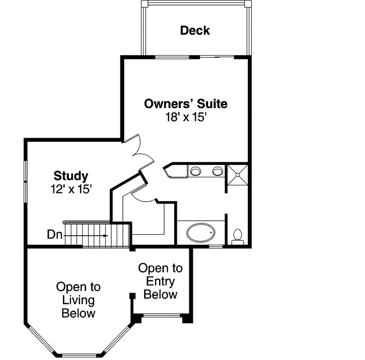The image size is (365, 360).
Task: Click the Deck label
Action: (x=195, y=31)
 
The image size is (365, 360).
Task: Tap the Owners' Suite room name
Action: (x=185, y=104)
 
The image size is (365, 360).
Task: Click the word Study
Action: (x=71, y=176)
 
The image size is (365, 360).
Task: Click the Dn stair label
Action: (x=54, y=234)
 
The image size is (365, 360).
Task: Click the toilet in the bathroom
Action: (x=238, y=236)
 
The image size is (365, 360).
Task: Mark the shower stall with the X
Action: (x=237, y=174)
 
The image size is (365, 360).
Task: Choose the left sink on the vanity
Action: (x=195, y=171)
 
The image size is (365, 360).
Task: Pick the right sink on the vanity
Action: (x=217, y=171)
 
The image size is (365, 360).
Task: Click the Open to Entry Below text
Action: (x=160, y=281)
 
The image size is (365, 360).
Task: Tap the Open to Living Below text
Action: (x=78, y=300)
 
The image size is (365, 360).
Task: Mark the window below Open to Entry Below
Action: (x=162, y=317)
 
